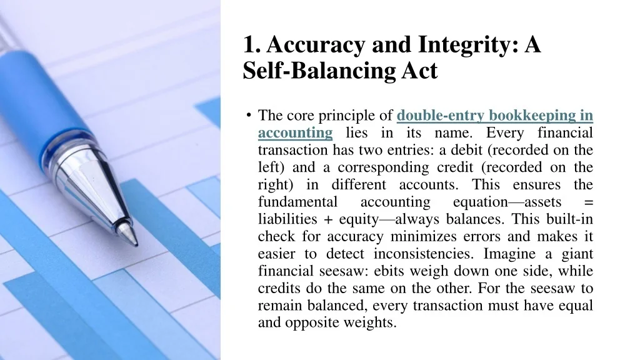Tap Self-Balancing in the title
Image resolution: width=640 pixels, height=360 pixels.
(319, 70)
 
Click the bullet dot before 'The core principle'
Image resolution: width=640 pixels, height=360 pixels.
(249, 115)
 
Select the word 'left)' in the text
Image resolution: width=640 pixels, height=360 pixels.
(271, 167)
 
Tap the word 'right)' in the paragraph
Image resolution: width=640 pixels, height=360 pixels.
(276, 185)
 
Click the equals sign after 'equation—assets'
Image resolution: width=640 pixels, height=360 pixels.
(589, 202)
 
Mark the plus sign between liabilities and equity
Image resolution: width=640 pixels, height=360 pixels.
(328, 219)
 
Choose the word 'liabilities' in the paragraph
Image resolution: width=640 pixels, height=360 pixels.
(287, 219)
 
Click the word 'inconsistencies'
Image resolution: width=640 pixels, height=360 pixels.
(423, 254)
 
